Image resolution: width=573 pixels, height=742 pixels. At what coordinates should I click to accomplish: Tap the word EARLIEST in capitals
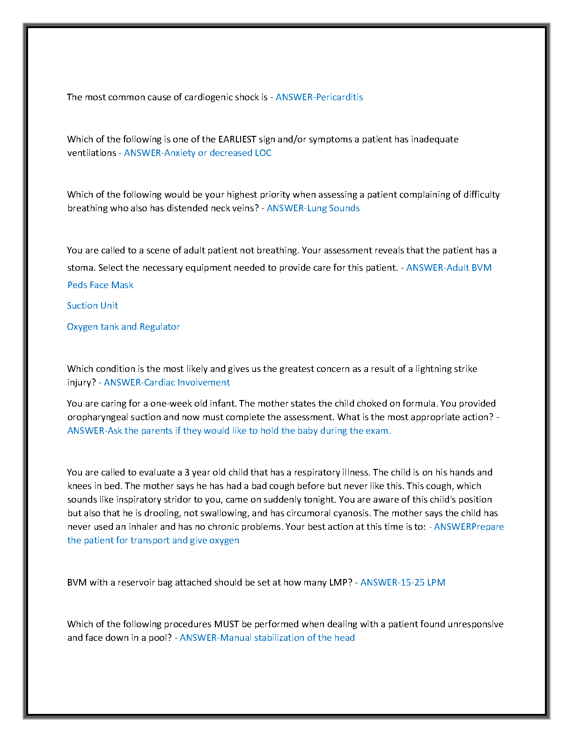click(237, 139)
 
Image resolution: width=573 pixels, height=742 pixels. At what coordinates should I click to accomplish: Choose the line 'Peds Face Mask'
click(100, 285)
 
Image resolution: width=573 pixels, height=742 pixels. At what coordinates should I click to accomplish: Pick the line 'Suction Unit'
click(92, 305)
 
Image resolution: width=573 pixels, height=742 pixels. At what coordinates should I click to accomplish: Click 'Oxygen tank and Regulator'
click(123, 326)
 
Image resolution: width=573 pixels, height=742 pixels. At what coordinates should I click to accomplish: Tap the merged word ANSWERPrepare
click(469, 527)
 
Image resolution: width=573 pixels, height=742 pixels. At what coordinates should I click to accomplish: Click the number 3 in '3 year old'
click(187, 472)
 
